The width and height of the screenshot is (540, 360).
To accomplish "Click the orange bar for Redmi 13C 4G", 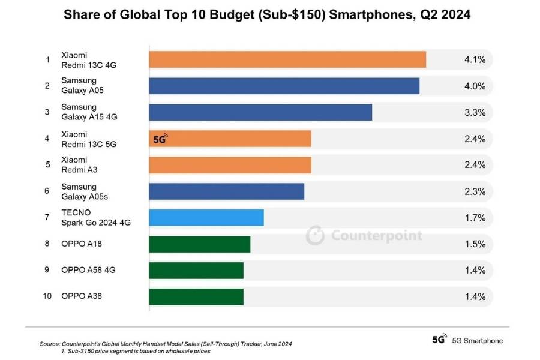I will (x=287, y=59).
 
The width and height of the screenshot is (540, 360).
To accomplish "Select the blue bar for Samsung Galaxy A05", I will (x=284, y=86).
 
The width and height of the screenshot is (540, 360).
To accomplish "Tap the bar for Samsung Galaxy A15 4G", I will (x=260, y=112).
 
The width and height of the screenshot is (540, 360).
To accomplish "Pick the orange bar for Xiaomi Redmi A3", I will (x=230, y=165).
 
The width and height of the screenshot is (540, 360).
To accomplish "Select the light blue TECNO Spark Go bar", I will (x=206, y=218).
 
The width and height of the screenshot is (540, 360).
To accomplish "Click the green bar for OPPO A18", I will (x=199, y=244).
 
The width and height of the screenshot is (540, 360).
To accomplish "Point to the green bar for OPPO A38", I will (x=196, y=296).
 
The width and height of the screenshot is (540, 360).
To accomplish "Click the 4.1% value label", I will (x=475, y=59).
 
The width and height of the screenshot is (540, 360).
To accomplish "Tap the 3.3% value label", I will (x=475, y=112).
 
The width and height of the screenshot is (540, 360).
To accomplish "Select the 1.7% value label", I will (x=475, y=218).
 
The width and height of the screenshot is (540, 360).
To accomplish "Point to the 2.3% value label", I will (x=475, y=191).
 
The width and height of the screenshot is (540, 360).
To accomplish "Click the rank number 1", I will (x=47, y=59).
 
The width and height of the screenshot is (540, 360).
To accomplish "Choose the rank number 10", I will (x=47, y=296).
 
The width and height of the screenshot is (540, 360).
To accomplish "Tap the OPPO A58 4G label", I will (x=88, y=270).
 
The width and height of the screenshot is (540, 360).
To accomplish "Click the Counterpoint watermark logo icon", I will (x=315, y=235).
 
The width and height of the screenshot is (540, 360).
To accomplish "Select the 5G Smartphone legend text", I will (x=477, y=340).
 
